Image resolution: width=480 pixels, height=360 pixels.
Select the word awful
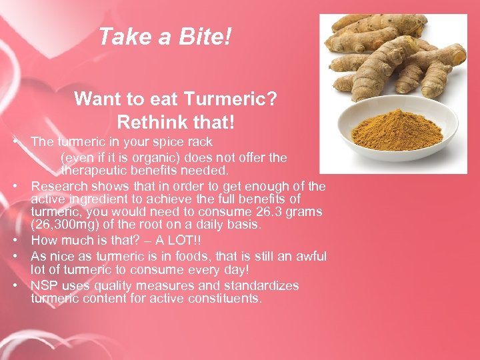[x=307, y=256]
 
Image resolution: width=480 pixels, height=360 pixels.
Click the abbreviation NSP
[x=44, y=285]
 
